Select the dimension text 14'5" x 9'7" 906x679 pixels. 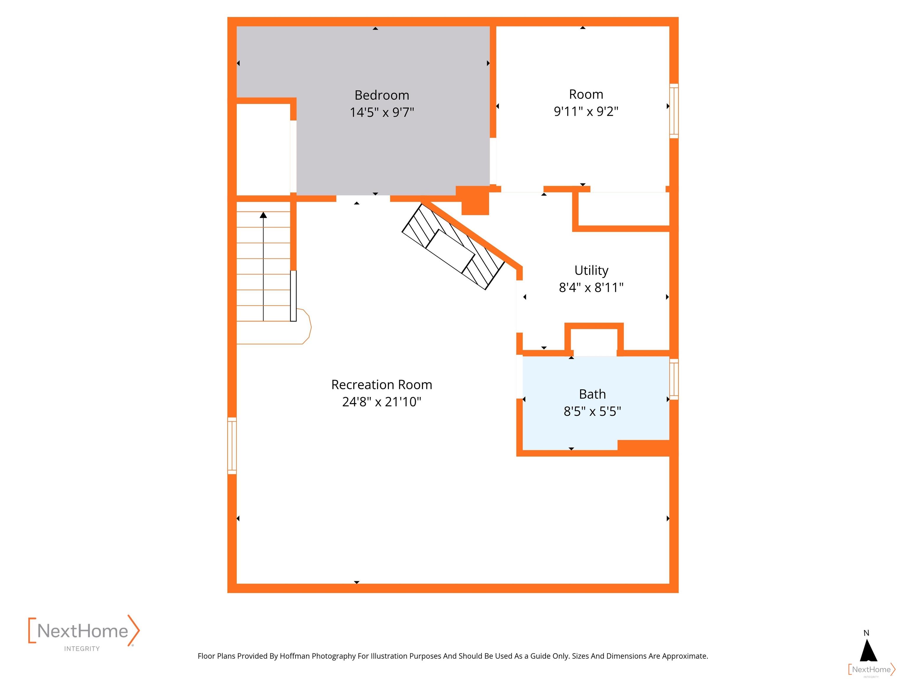(x=382, y=112)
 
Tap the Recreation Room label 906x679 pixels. (x=382, y=385)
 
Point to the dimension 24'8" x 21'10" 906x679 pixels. (x=382, y=402)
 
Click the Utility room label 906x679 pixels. (x=591, y=271)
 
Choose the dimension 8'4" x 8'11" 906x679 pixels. (x=591, y=288)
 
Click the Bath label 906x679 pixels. (x=592, y=394)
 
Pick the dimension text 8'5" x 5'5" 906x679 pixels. (x=592, y=411)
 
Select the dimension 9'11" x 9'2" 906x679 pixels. (x=586, y=111)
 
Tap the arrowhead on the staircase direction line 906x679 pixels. (x=263, y=215)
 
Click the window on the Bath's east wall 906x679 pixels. (x=674, y=379)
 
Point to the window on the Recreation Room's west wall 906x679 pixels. (x=232, y=446)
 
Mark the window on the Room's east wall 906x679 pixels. (x=674, y=111)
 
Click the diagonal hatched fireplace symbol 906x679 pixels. (x=453, y=247)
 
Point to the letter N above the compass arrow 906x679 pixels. (x=866, y=633)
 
